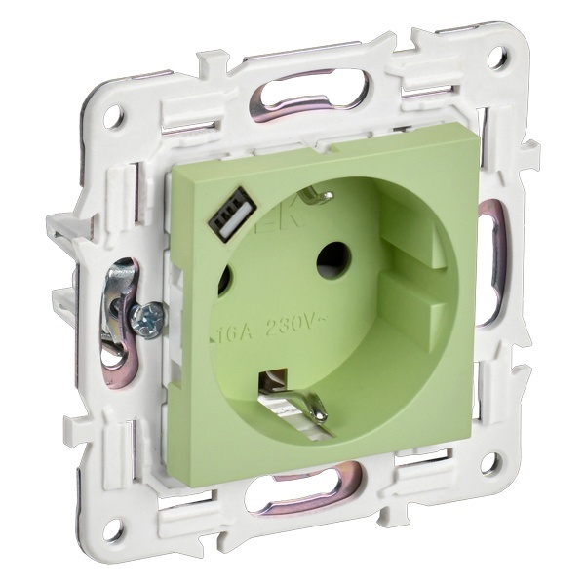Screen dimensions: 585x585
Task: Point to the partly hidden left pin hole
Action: [223, 283]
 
